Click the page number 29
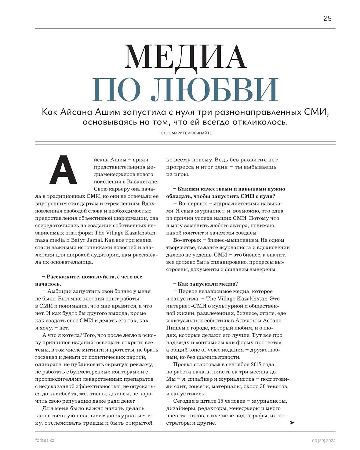(327, 18)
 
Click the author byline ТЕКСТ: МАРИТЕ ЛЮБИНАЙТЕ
(185, 133)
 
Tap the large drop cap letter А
(63, 170)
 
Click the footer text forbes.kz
(45, 440)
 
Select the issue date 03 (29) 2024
(324, 441)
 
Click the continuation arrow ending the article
(292, 423)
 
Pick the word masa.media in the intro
(49, 240)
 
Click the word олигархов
(49, 364)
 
